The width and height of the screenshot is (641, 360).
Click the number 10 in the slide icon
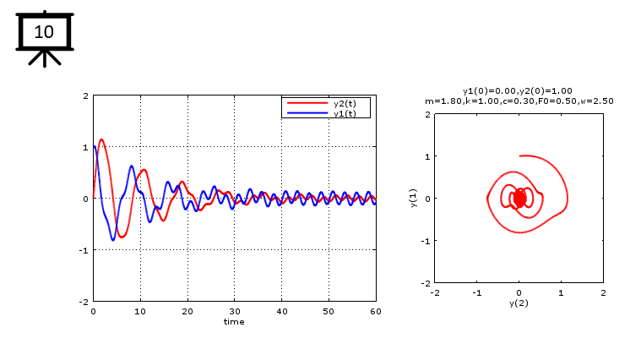pos(44,32)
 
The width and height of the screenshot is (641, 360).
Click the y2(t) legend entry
pos(345,103)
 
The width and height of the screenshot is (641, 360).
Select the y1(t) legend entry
pos(345,112)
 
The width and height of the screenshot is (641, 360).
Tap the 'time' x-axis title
pos(234,321)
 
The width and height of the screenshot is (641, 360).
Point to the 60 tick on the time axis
pos(376,311)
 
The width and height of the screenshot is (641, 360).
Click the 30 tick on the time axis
pos(234,311)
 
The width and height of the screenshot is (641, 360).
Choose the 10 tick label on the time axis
pos(140,311)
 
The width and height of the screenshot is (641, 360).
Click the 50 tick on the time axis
pos(329,311)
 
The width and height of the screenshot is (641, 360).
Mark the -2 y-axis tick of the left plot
pos(85,301)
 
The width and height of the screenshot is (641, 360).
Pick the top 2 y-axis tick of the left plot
pos(86,96)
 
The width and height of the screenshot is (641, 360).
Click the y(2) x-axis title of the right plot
pos(519,303)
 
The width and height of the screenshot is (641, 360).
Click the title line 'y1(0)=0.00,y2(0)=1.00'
pos(518,90)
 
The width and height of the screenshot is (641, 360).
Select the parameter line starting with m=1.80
pos(519,101)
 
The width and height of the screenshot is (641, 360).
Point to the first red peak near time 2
pos(101,139)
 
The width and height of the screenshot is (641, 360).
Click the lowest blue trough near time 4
pos(113,240)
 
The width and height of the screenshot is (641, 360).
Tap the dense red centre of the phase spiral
pos(519,198)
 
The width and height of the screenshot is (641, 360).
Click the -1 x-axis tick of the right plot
pos(477,292)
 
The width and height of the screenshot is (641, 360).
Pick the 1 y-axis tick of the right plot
pos(428,156)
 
